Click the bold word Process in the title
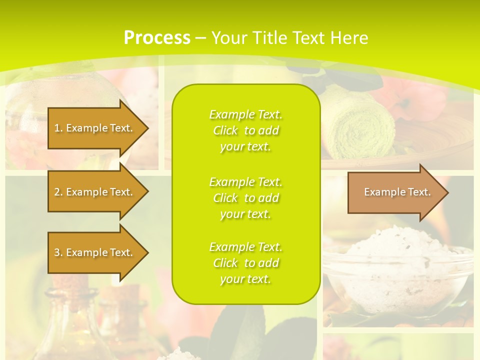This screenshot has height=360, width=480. click(157, 38)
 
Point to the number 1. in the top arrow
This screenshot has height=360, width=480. click(58, 128)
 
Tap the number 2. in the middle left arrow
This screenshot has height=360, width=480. click(58, 192)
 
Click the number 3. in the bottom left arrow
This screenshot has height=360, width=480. click(58, 252)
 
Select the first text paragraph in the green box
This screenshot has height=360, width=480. click(245, 130)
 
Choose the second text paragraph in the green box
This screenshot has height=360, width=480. click(245, 198)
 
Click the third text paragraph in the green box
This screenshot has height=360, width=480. click(245, 263)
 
